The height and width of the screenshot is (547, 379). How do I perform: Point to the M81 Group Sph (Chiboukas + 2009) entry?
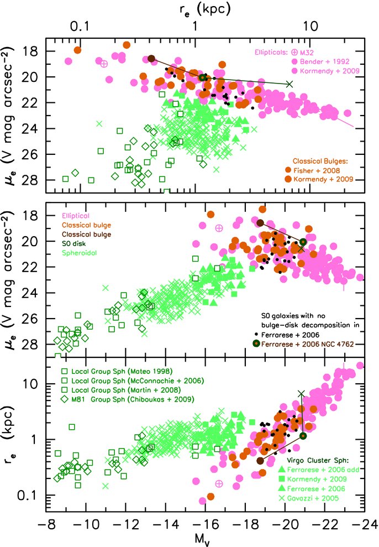pos(132,399)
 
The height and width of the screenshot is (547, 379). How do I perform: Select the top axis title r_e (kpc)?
pos(205,9)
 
